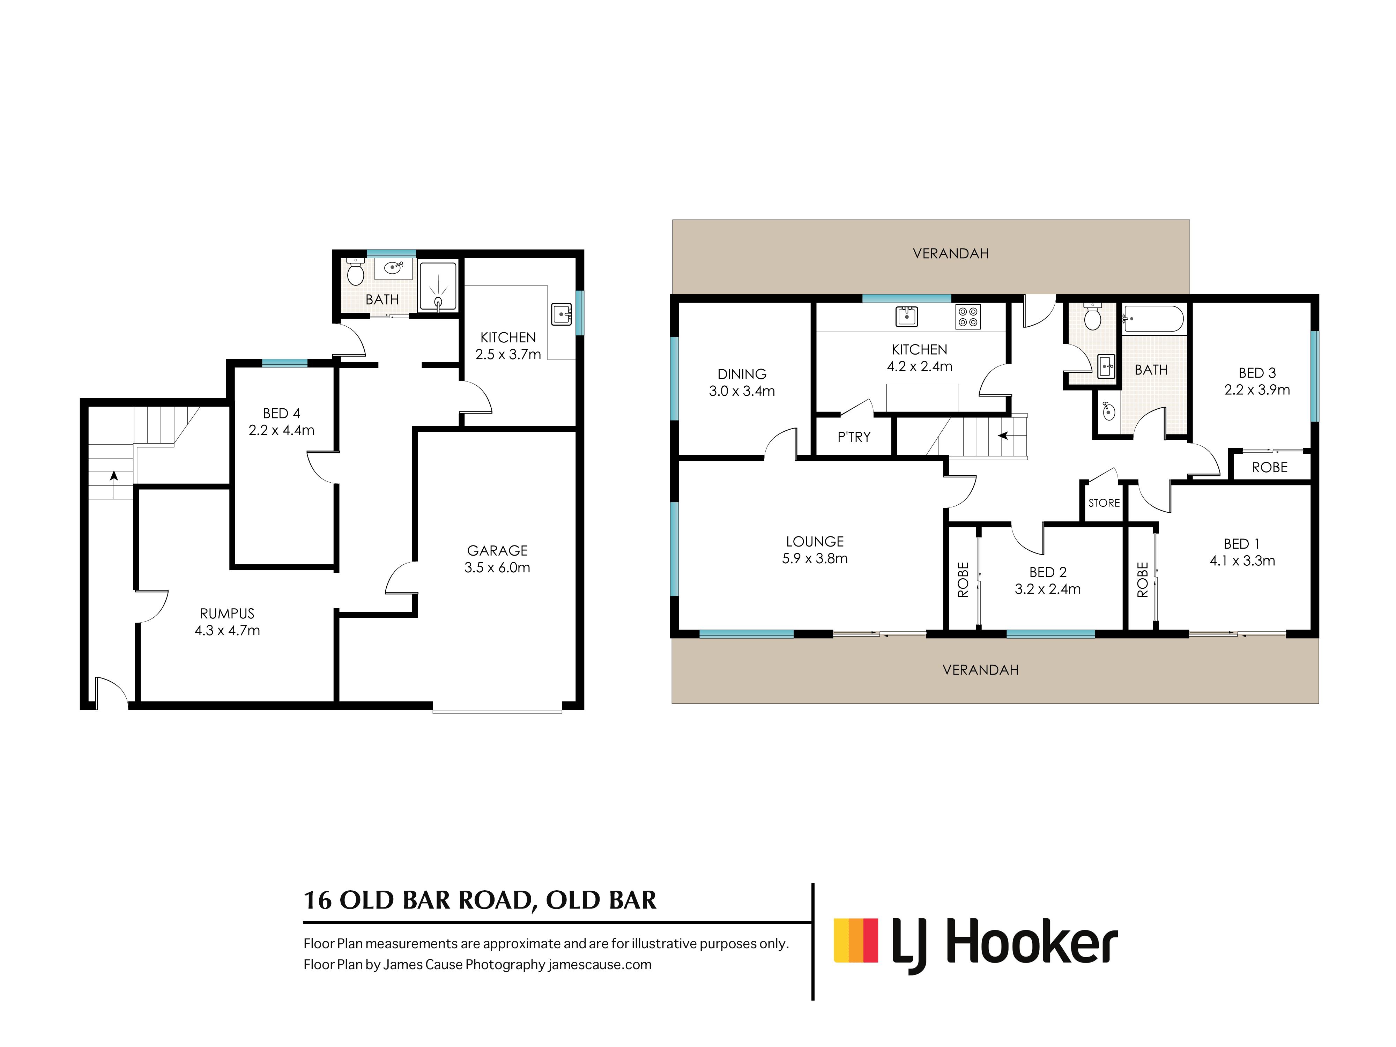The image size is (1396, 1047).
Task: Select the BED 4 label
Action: (282, 413)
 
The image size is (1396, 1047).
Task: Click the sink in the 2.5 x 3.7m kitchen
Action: (561, 314)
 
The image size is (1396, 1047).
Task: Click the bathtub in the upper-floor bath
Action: (1154, 319)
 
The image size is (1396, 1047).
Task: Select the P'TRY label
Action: (854, 437)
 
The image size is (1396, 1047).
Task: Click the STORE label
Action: (1104, 503)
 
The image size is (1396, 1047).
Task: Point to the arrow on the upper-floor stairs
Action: (1003, 436)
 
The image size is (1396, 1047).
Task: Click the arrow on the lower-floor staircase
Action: (113, 476)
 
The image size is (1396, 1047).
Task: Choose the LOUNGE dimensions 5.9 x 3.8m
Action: (815, 558)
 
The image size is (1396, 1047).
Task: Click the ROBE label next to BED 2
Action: (963, 579)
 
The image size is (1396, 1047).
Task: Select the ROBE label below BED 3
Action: (1269, 468)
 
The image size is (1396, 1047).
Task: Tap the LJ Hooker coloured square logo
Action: (856, 940)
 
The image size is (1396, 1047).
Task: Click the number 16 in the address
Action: (318, 900)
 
